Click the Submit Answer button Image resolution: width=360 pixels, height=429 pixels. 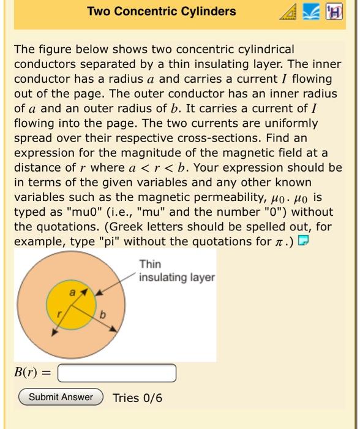[61, 397]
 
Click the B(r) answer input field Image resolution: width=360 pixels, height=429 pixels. [116, 373]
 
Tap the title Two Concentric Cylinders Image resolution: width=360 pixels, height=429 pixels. [161, 12]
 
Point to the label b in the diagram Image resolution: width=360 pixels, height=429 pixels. [103, 315]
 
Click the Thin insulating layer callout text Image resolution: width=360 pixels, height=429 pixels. [176, 271]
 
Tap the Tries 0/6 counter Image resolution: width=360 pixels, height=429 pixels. [138, 398]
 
